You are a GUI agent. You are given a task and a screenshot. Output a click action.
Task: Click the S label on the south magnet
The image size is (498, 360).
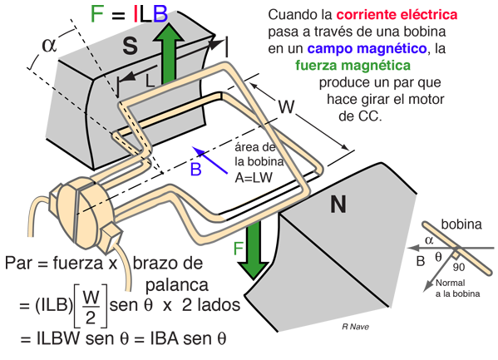click(x=131, y=46)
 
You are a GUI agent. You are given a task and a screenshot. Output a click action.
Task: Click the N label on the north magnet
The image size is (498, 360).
click(x=338, y=205)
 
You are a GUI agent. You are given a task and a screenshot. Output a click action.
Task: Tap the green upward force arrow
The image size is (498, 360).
click(x=168, y=53)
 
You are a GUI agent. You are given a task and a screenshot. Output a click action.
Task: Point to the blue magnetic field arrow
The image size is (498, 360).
click(x=210, y=160)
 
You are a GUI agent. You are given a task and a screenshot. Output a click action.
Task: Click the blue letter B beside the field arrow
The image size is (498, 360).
click(x=195, y=169)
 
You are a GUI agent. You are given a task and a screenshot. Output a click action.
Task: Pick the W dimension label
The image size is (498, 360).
click(x=287, y=106)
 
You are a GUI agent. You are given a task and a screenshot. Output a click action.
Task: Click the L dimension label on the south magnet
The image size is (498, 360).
click(x=150, y=81)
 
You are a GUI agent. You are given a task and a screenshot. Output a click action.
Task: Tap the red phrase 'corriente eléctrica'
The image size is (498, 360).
click(x=397, y=15)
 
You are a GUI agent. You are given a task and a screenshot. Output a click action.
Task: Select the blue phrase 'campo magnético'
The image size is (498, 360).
click(x=367, y=48)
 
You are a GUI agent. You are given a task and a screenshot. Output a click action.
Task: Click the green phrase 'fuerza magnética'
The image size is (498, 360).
click(x=353, y=66)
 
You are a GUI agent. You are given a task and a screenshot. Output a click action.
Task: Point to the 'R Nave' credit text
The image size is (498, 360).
click(x=355, y=326)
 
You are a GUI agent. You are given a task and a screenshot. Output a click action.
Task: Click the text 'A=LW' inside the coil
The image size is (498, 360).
click(x=254, y=178)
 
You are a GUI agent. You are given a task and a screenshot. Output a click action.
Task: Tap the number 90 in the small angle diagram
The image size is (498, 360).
click(x=459, y=267)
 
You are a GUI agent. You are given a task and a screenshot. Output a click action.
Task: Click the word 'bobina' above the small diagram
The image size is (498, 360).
click(x=461, y=224)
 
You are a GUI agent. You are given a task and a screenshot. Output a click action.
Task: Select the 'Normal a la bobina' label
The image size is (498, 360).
click(x=457, y=288)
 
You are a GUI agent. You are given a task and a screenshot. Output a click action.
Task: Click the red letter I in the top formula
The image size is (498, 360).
click(x=136, y=14)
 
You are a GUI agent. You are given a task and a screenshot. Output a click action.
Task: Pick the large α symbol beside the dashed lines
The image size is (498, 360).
click(x=49, y=45)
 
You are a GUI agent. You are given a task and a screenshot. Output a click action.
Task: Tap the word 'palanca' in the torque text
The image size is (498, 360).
click(x=177, y=285)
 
